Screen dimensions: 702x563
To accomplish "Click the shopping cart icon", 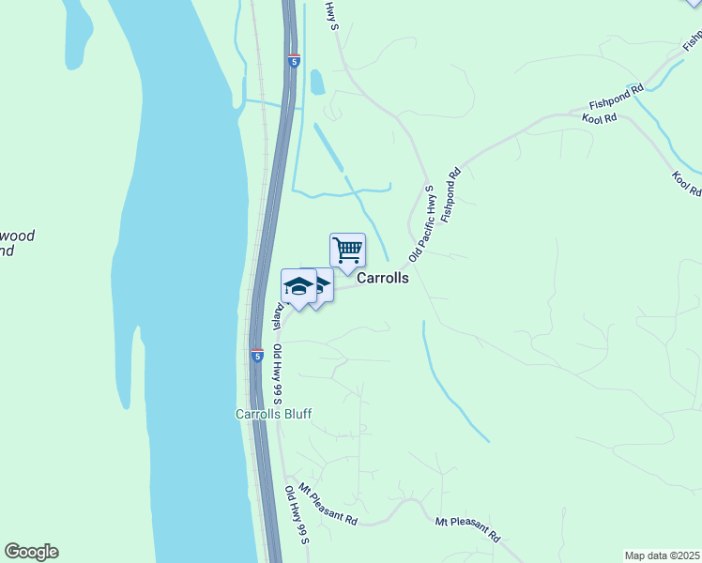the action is [347, 251].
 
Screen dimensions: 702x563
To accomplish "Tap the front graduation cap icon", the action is [298, 287].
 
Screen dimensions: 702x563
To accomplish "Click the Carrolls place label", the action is [382, 279].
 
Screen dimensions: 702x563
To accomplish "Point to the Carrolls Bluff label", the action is [272, 414].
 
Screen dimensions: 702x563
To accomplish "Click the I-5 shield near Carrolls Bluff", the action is [256, 356].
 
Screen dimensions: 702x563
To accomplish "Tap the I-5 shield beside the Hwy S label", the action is [294, 61].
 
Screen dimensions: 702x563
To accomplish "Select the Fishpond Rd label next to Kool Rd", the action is [616, 96].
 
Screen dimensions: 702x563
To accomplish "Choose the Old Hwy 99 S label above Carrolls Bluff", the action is [279, 375].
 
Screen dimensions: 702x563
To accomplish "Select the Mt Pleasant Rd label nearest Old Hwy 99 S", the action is [328, 504].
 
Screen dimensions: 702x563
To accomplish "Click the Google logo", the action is [31, 552].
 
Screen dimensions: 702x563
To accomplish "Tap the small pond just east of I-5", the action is [317, 83].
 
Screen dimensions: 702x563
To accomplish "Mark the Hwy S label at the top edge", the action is [330, 15].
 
